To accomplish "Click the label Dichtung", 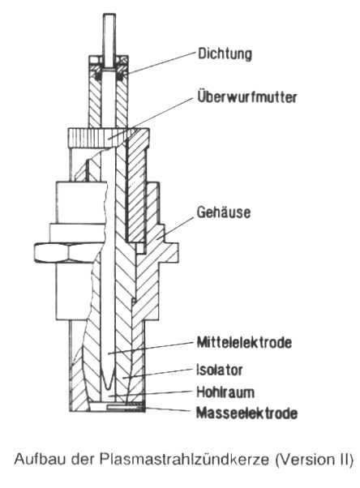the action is coord(225,54).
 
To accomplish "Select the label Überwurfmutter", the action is coord(247,96).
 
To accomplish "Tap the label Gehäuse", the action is coord(224,212).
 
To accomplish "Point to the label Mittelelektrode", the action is coord(245,342).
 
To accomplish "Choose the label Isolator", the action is coord(220,370).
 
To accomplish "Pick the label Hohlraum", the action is coord(225,392).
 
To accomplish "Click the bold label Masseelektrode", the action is coord(246,413).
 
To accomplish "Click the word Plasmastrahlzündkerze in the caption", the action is coord(184,460).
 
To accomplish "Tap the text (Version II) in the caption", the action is coord(314,460).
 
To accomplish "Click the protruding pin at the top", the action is coord(109,41).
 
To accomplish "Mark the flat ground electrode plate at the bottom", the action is coord(126,406).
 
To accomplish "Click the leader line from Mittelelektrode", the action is coord(151,348).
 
